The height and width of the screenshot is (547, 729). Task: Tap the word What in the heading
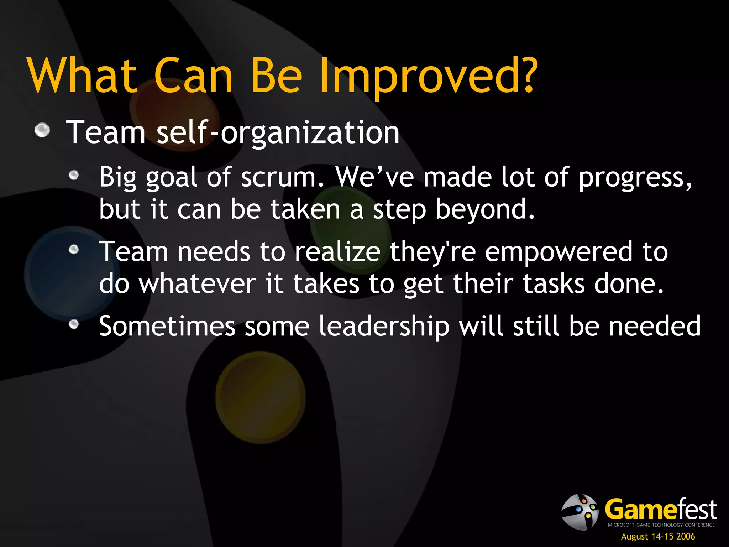(82, 76)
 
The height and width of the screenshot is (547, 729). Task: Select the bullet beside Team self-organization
(42, 130)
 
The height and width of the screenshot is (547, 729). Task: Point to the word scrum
(283, 177)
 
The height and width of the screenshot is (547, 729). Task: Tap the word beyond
(485, 209)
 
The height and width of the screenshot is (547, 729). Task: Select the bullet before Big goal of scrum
(74, 175)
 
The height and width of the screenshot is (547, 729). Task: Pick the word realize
(337, 252)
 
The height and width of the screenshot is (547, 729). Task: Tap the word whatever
(197, 284)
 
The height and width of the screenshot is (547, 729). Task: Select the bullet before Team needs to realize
(74, 250)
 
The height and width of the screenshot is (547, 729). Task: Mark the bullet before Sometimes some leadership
(74, 324)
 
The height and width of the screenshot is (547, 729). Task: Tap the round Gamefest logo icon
(580, 512)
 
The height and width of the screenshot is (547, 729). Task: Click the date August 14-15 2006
(658, 536)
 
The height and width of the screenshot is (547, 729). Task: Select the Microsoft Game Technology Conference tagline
(661, 525)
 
